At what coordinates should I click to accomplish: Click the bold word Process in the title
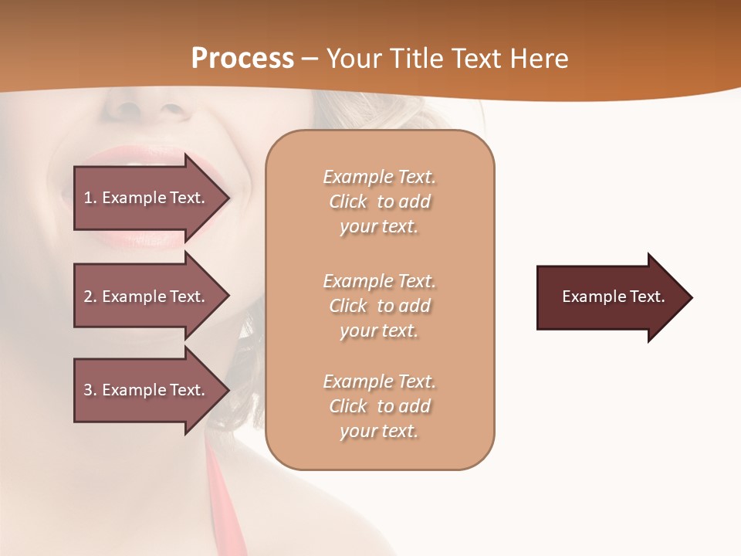242,59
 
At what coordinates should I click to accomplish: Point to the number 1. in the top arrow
90,198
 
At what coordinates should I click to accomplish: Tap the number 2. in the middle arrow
90,297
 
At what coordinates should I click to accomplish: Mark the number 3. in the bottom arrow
90,390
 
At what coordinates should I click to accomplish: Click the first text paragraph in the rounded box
379,202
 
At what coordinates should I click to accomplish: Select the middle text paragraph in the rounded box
379,306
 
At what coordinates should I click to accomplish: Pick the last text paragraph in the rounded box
379,406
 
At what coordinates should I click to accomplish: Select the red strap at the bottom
228,502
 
